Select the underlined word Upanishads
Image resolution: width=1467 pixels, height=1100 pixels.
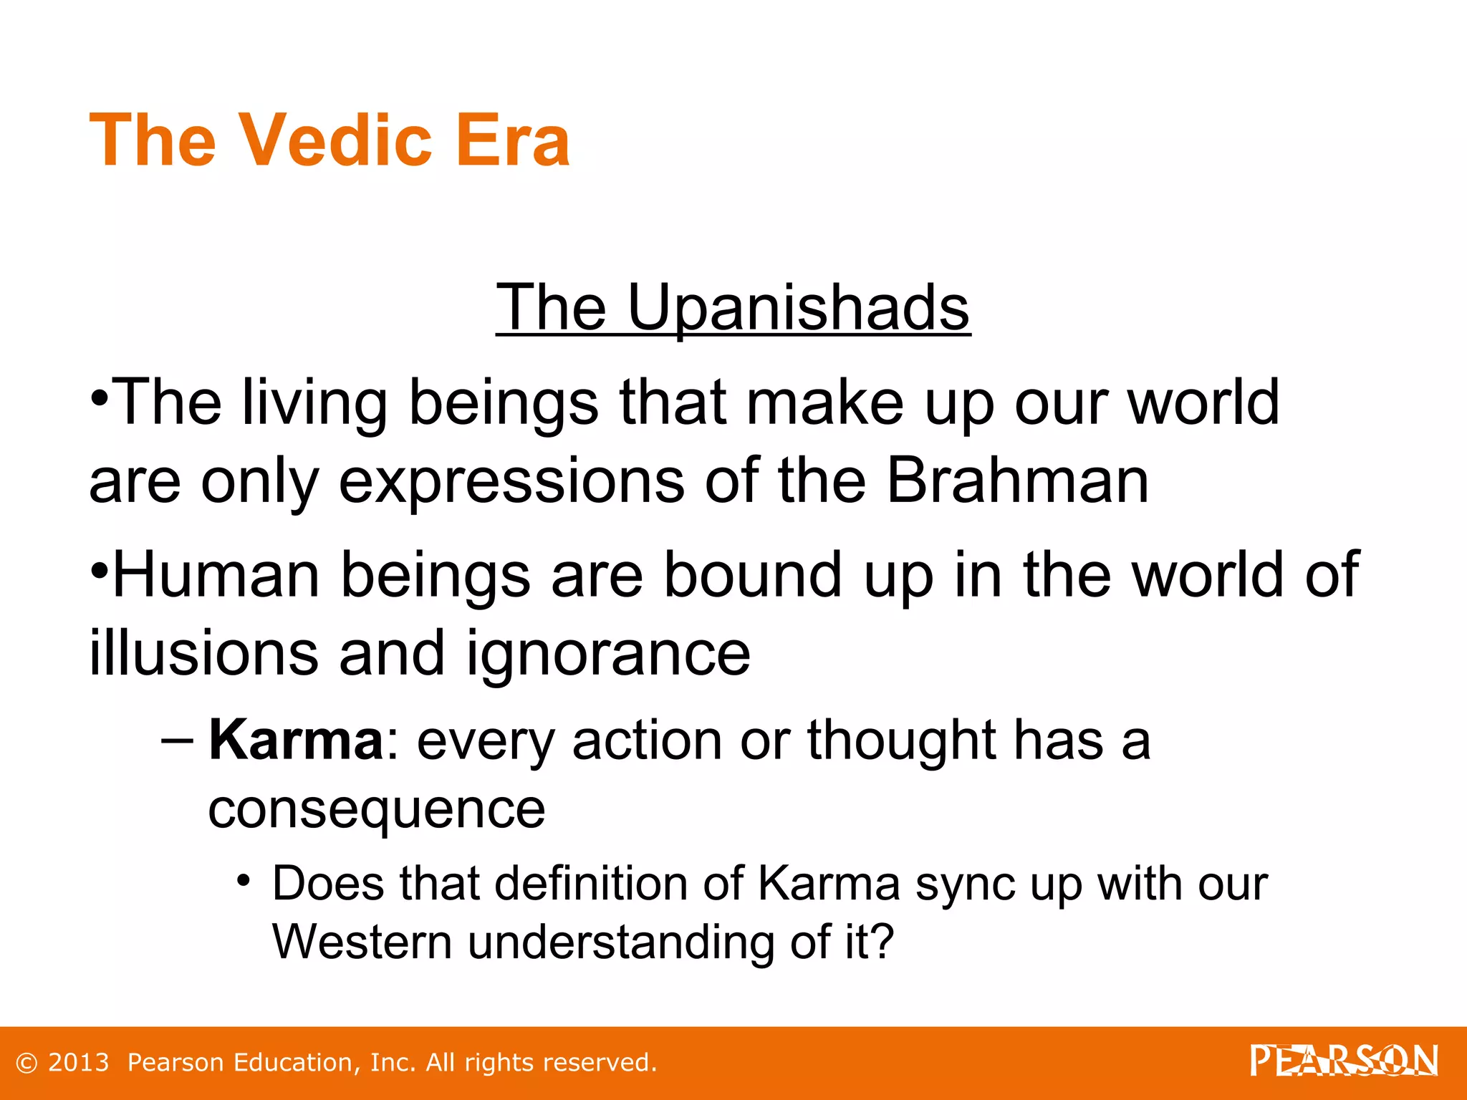[x=798, y=308]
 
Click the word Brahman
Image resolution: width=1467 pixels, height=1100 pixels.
[x=1018, y=481]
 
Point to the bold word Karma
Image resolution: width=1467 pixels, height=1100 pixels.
[x=296, y=740]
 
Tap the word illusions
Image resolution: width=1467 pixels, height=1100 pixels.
[x=203, y=653]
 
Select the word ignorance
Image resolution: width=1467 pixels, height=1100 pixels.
[x=608, y=655]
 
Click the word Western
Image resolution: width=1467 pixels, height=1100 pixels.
[x=362, y=942]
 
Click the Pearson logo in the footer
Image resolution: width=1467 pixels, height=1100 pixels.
[x=1344, y=1061]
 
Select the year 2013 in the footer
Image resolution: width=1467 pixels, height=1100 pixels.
[x=78, y=1063]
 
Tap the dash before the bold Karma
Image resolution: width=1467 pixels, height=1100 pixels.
[x=177, y=740]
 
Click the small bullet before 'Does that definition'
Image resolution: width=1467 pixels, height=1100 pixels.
[x=244, y=879]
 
